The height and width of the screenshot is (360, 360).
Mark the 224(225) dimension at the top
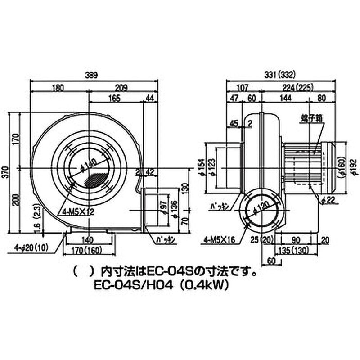pyautogui.click(x=300, y=87)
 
